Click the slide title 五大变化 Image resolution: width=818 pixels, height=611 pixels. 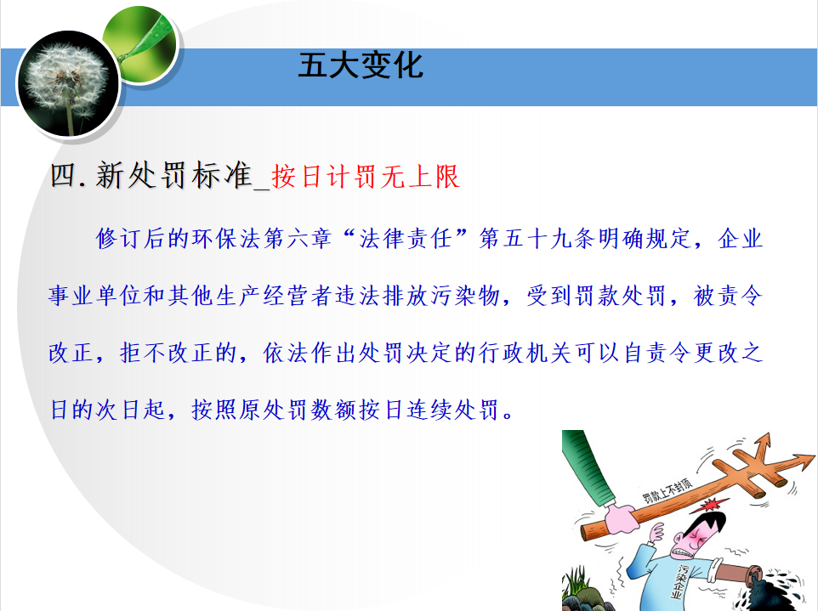(x=361, y=65)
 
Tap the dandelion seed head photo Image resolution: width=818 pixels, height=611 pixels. (x=68, y=83)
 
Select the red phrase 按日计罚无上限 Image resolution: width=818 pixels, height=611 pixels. (x=365, y=176)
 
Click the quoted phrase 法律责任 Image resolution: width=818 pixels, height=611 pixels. (x=406, y=239)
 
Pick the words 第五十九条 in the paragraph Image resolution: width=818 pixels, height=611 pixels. (x=538, y=239)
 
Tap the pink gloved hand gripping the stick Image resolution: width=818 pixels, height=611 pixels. (x=621, y=518)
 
